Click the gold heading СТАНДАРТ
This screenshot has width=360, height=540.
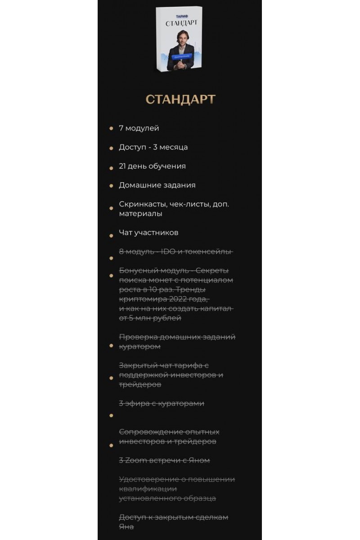point(180,99)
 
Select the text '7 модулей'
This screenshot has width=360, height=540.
point(139,128)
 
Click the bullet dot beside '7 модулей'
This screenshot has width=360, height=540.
point(111,129)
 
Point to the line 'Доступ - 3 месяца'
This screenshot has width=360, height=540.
point(153,147)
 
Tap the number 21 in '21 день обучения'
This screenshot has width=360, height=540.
point(122,166)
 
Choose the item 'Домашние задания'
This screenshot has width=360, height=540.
point(157,185)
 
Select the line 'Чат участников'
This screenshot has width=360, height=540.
point(148,233)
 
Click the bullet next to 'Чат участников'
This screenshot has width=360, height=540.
point(111,235)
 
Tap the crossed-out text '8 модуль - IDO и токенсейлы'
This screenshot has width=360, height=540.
point(175,252)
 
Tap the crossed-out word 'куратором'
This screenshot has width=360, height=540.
point(139,346)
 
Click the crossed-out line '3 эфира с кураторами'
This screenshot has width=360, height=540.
point(162,403)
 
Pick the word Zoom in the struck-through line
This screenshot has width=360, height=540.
point(134,460)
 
